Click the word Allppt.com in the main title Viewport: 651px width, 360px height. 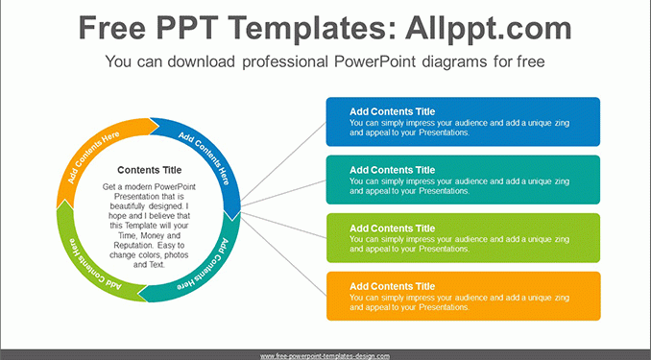pyautogui.click(x=488, y=28)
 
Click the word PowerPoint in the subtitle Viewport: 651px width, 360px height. pyautogui.click(x=374, y=61)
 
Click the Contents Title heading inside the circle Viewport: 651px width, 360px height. pyautogui.click(x=150, y=170)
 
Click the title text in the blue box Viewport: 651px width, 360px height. pyautogui.click(x=392, y=111)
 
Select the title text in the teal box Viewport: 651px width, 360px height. pyautogui.click(x=392, y=170)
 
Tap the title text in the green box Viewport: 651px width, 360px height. pyautogui.click(x=392, y=228)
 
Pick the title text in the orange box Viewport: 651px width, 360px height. pyautogui.click(x=392, y=286)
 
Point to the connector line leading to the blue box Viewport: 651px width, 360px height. pyautogui.click(x=283, y=161)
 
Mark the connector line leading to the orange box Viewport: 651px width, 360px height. pyautogui.click(x=283, y=256)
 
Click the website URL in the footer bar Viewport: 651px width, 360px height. pyautogui.click(x=325, y=356)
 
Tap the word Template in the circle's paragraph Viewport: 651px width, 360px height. pyautogui.click(x=141, y=226)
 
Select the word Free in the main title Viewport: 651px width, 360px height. pyautogui.click(x=112, y=28)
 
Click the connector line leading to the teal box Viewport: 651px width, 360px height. pyautogui.click(x=283, y=193)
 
